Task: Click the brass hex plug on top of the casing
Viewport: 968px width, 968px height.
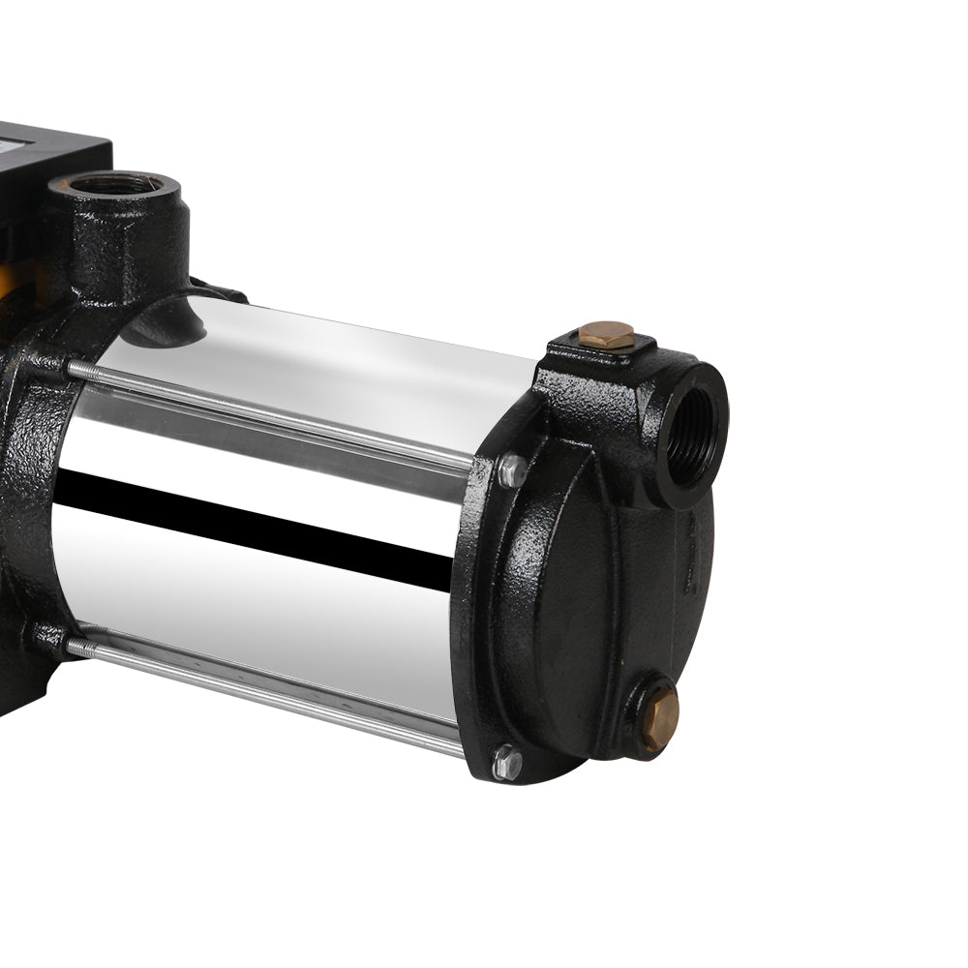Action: pyautogui.click(x=606, y=335)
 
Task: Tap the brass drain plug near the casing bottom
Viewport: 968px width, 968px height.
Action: pyautogui.click(x=661, y=718)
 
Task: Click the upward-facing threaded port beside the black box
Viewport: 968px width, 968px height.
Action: pyautogui.click(x=117, y=184)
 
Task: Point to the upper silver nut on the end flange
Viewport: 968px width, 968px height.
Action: pyautogui.click(x=512, y=471)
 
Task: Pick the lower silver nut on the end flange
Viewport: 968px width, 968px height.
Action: pyautogui.click(x=505, y=761)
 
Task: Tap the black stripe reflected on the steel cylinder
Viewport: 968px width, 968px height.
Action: pyautogui.click(x=252, y=523)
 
